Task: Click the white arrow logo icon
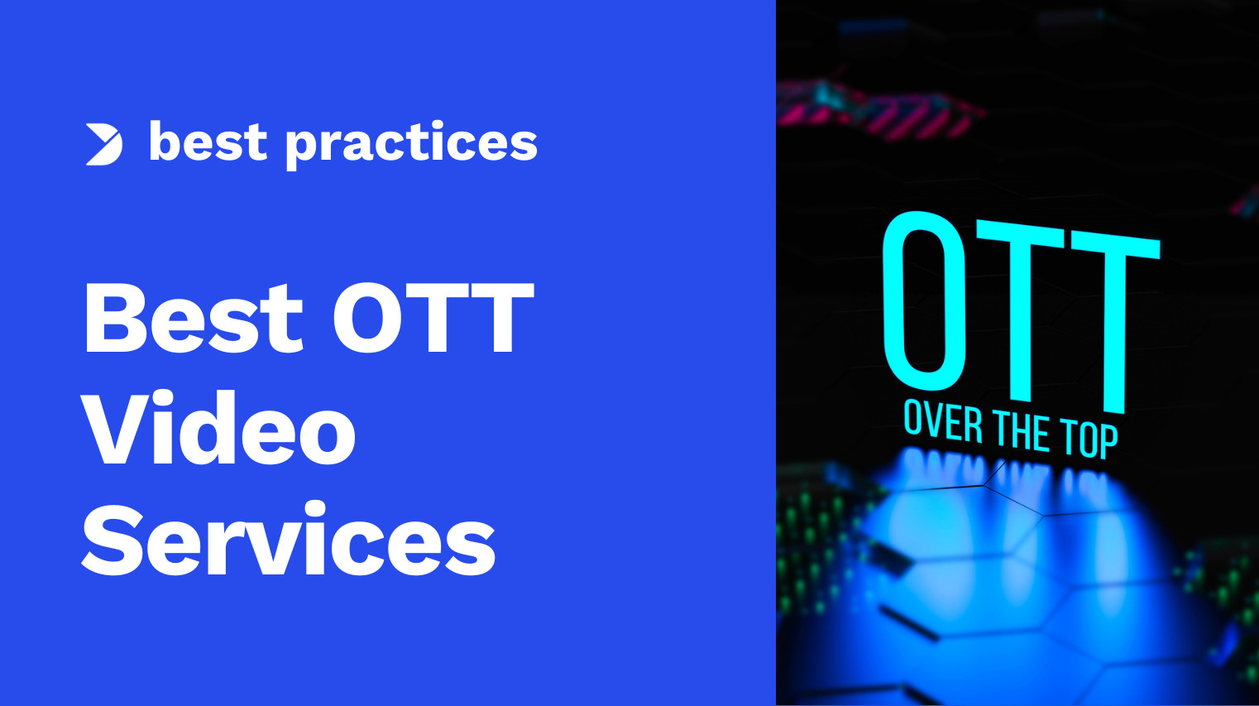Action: [104, 144]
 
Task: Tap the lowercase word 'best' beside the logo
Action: [208, 142]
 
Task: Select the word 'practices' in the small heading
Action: [411, 144]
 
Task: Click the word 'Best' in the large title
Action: [194, 318]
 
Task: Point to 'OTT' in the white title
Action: [433, 318]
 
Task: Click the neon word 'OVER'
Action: [942, 422]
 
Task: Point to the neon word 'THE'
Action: [1021, 432]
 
